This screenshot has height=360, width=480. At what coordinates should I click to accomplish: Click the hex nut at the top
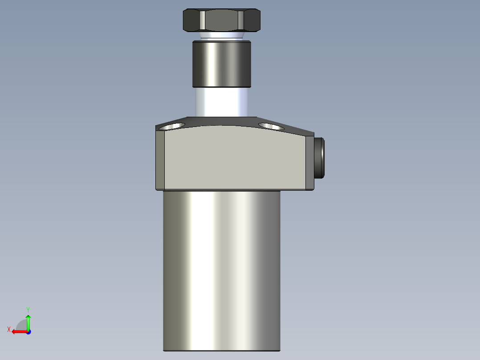pos(221,20)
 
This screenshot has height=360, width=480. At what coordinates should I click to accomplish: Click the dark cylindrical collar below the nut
pos(222,64)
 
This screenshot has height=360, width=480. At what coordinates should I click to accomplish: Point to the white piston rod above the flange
pos(221,102)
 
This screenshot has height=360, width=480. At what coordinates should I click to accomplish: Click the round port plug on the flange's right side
pos(319,158)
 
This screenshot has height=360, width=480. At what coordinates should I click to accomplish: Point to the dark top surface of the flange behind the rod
pos(221,121)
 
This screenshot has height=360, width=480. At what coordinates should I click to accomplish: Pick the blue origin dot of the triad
pos(28,331)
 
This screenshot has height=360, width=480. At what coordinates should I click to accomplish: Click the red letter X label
pos(8,329)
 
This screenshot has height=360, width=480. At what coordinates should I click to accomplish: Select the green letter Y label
pos(28,309)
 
